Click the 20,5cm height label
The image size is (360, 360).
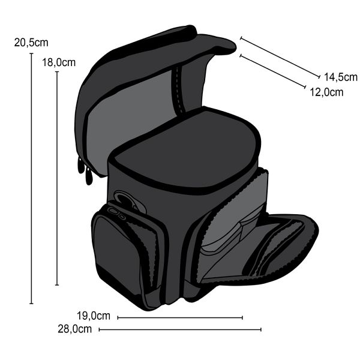pos(31,43)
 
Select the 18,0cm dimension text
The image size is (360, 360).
pos(59,62)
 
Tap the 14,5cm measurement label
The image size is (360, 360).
pos(341,77)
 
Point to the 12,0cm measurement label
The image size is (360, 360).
pos(327,92)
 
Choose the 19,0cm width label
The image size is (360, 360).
pos(94,316)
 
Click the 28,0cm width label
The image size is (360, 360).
pos(74,329)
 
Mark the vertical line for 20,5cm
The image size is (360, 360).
pos(32,178)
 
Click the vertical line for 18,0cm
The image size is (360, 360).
pos(57,178)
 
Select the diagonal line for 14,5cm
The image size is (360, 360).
pos(280,58)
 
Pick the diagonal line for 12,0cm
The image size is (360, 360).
pos(273,71)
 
